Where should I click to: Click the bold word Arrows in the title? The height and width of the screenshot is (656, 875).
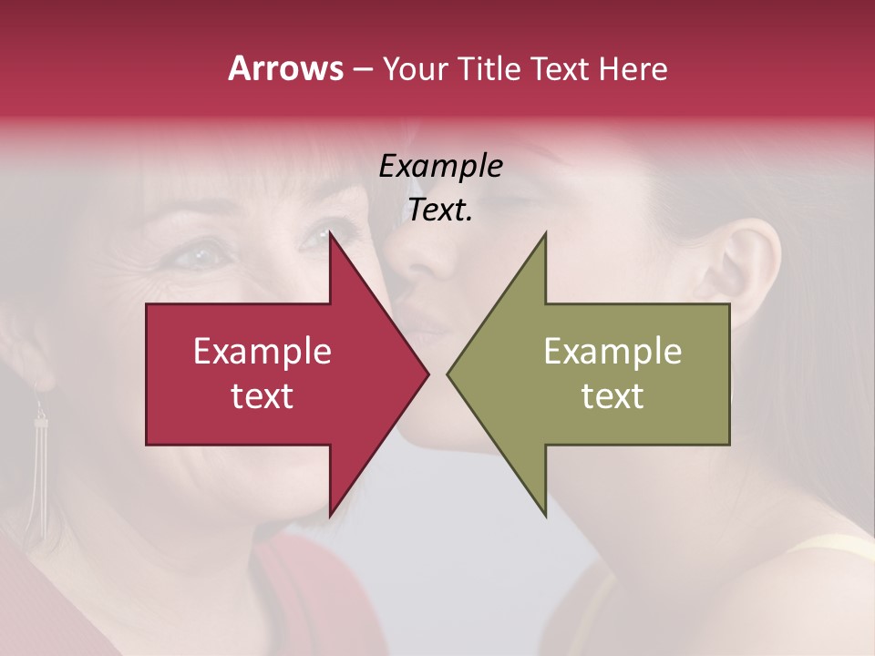285,68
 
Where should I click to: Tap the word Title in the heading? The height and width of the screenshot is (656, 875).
486,68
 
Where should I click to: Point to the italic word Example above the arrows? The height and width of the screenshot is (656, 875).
440,167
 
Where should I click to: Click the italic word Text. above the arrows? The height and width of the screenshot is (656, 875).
440,210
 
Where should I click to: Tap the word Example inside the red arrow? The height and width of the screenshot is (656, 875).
262,352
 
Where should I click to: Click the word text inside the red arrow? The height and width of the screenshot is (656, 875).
262,396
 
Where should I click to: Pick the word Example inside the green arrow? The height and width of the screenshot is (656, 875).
612,352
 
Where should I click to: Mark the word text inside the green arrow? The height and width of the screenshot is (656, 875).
612,396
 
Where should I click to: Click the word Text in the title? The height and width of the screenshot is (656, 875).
560,68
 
